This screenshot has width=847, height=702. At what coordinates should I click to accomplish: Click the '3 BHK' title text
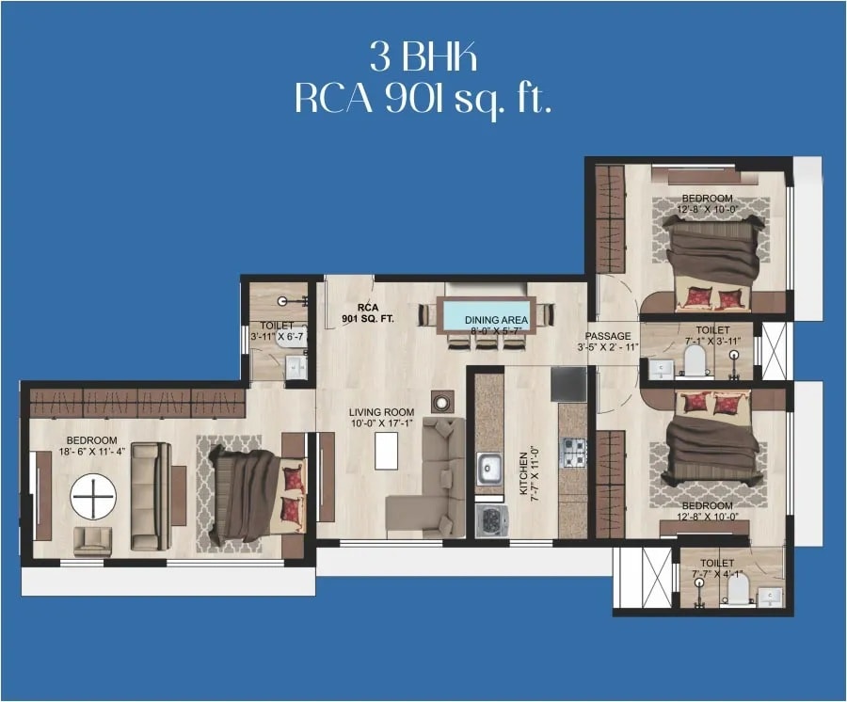point(423,58)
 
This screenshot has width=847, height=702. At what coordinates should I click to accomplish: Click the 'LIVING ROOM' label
point(381,412)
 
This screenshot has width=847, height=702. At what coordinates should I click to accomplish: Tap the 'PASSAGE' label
point(608,336)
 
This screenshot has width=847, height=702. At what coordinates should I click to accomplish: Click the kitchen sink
point(488,469)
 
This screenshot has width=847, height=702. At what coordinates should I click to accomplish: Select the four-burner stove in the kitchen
point(573,453)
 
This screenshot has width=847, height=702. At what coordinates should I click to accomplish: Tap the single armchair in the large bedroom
point(92,540)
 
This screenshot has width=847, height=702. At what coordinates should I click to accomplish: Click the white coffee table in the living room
point(386,451)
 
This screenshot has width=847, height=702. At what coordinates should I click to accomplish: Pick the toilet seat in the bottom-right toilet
point(739,589)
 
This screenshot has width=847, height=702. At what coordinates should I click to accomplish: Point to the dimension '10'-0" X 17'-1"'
point(381,424)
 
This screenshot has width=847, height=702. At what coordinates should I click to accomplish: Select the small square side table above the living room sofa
point(442,401)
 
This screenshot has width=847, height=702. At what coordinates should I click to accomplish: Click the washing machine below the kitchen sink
point(490,520)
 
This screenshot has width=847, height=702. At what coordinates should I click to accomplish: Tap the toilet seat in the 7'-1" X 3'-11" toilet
point(695,359)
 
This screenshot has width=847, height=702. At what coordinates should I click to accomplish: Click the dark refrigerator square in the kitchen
point(568,384)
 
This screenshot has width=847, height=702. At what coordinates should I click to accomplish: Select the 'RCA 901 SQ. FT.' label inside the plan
point(368,313)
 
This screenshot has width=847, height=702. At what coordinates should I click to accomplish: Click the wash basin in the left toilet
point(295,367)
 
